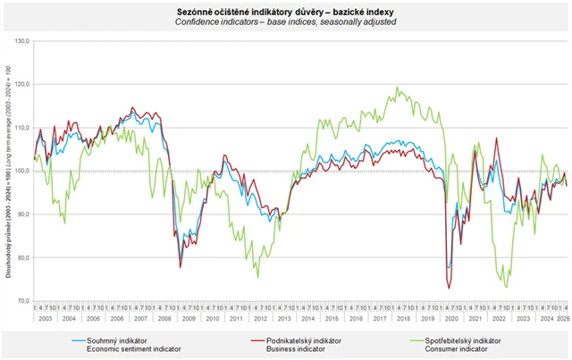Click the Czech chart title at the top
[285, 9]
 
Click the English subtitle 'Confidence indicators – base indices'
[285, 21]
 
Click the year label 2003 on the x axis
[45, 318]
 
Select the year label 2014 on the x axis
[307, 318]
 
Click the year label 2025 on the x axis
[563, 318]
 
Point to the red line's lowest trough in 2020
[448, 288]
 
